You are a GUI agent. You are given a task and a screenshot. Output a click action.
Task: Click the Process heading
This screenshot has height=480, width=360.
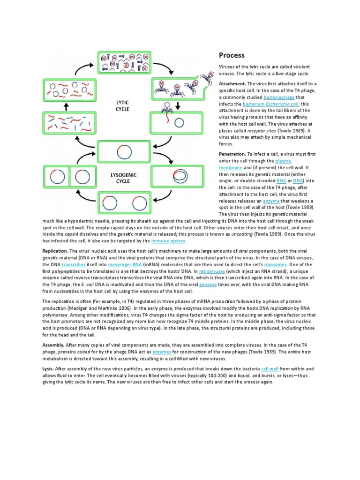pyautogui.click(x=232, y=56)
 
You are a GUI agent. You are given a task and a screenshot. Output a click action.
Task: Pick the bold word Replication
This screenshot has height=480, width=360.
pyautogui.click(x=56, y=251)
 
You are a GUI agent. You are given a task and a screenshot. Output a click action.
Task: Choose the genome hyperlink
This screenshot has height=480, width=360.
pyautogui.click(x=208, y=285)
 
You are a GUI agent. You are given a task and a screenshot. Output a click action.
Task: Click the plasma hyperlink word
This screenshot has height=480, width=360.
pyautogui.click(x=283, y=160)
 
